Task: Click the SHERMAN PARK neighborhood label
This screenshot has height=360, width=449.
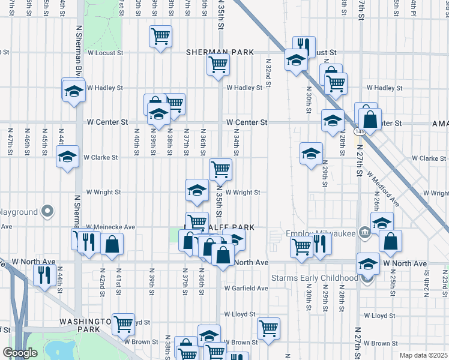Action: pyautogui.click(x=220, y=52)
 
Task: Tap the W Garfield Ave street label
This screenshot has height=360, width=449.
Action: pyautogui.click(x=247, y=288)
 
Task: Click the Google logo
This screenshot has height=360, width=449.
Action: pyautogui.click(x=20, y=353)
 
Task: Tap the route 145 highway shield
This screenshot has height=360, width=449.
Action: pyautogui.click(x=360, y=130)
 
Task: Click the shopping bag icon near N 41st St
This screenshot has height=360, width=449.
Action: pyautogui.click(x=112, y=243)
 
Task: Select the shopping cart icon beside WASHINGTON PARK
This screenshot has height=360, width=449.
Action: pyautogui.click(x=123, y=323)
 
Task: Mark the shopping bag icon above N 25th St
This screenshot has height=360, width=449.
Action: pyautogui.click(x=390, y=241)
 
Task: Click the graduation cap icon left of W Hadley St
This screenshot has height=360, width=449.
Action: pyautogui.click(x=73, y=91)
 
